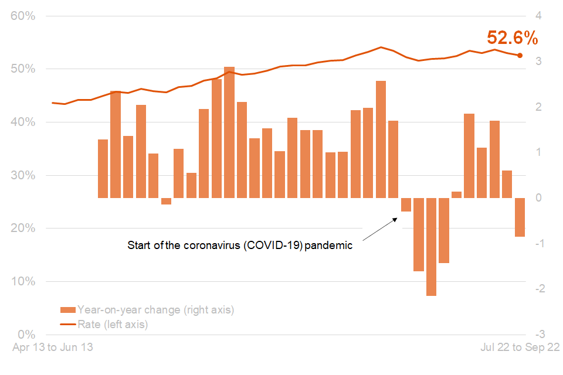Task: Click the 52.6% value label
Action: [x=512, y=39]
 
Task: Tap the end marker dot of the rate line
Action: [x=520, y=56]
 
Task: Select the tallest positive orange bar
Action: [x=229, y=132]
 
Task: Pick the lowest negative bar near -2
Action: [x=431, y=247]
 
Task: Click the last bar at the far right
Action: [x=520, y=217]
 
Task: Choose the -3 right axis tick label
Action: [x=536, y=334]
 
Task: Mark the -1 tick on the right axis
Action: [x=536, y=243]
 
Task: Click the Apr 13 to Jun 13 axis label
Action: [x=53, y=347]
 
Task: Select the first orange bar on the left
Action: [x=103, y=169]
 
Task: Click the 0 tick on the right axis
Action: [x=538, y=198]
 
